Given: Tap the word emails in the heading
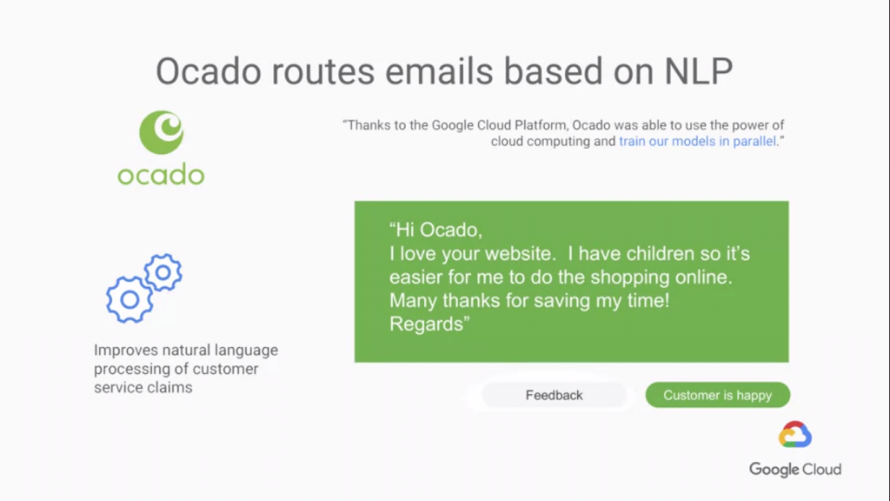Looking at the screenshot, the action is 439,71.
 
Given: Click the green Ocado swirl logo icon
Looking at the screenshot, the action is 162,132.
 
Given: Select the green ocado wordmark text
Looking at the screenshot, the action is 161,174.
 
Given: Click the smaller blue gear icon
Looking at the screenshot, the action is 163,272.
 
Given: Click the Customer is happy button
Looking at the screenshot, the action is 717,395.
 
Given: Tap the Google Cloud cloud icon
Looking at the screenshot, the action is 795,435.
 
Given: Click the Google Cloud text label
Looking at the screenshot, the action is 795,470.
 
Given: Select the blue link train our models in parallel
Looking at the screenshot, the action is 697,142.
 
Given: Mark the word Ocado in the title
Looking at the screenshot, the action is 209,71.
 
